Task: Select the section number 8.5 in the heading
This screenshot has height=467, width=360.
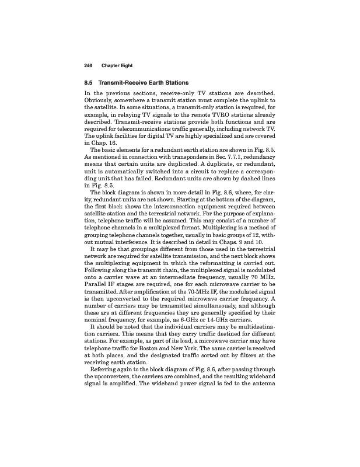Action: pos(90,83)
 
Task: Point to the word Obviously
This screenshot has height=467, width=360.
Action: pos(102,101)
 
